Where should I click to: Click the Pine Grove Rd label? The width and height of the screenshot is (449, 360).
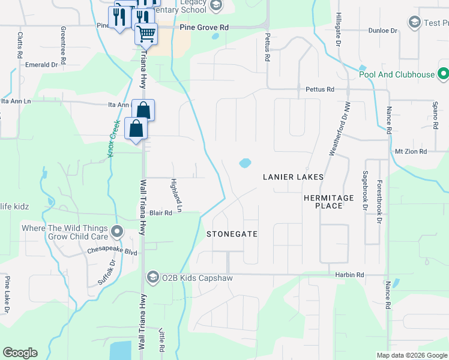(x=205, y=28)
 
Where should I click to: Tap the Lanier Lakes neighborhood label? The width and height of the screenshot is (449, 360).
(x=294, y=177)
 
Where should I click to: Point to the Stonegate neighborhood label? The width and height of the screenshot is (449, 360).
(x=232, y=233)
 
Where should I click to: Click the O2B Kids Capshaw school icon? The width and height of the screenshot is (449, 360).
(x=152, y=277)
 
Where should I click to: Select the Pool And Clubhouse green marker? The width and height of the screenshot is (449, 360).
(x=443, y=74)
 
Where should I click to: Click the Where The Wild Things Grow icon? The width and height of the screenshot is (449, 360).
(x=117, y=231)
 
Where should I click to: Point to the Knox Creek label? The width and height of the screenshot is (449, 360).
(x=114, y=138)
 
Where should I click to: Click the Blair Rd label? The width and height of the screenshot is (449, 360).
(x=161, y=213)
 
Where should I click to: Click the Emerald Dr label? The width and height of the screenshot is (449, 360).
(x=41, y=64)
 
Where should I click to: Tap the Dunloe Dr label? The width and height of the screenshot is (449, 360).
(x=382, y=30)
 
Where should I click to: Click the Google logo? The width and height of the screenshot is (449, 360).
(x=20, y=353)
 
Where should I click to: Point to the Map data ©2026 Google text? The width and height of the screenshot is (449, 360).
(x=412, y=355)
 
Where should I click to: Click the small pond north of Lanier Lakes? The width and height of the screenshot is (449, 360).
(x=244, y=163)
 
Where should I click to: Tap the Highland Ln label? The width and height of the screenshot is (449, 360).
(x=175, y=196)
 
